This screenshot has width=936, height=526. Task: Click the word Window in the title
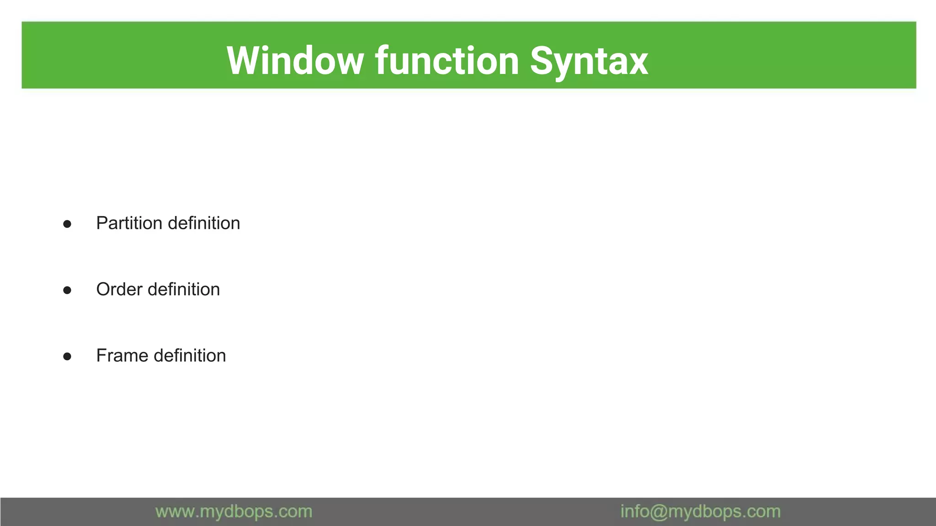pos(295,61)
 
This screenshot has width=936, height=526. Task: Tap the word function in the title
pos(447,61)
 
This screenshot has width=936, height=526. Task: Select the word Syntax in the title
pos(589,62)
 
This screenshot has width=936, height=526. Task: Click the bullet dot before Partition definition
pos(67,224)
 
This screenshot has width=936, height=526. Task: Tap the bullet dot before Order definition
pos(67,290)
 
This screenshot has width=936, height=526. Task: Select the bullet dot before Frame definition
pos(67,356)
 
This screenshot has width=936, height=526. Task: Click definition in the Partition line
pos(204,223)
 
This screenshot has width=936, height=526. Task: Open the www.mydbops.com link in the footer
pos(234,511)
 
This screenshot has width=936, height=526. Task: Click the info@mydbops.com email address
pos(700,511)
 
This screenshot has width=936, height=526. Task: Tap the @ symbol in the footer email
pos(659,512)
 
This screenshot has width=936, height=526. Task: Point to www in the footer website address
pos(175,512)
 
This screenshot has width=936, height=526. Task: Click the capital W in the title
pos(245,61)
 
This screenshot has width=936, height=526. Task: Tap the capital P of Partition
pos(101,223)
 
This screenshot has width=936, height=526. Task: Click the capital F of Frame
pos(101,356)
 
